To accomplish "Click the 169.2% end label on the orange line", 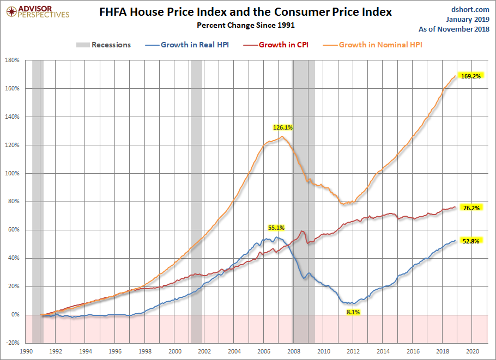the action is pyautogui.click(x=471, y=76).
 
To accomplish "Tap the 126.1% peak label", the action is pyautogui.click(x=283, y=127).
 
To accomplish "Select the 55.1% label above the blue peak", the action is pyautogui.click(x=276, y=228).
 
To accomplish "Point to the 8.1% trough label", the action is pyautogui.click(x=353, y=312).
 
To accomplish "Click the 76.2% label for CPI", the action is pyautogui.click(x=471, y=208).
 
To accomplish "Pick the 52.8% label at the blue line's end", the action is pyautogui.click(x=471, y=241).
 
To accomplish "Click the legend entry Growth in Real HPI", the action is pyautogui.click(x=187, y=45).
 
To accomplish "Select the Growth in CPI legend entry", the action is pyautogui.click(x=276, y=45).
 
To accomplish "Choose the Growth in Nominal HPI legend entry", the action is pyautogui.click(x=373, y=45).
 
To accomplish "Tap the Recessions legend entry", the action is pyautogui.click(x=104, y=45).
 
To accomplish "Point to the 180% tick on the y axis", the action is pyautogui.click(x=13, y=60).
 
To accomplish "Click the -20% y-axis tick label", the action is pyautogui.click(x=13, y=343).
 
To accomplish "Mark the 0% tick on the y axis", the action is pyautogui.click(x=15, y=314).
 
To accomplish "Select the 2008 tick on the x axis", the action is pyautogui.click(x=294, y=351).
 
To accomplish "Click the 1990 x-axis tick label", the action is pyautogui.click(x=26, y=351).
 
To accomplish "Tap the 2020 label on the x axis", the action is pyautogui.click(x=472, y=351).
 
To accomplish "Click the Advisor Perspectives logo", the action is pyautogui.click(x=38, y=12).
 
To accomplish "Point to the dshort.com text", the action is pyautogui.click(x=470, y=9).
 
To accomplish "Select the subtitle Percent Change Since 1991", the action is pyautogui.click(x=246, y=25).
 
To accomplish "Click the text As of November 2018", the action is pyautogui.click(x=454, y=29).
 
